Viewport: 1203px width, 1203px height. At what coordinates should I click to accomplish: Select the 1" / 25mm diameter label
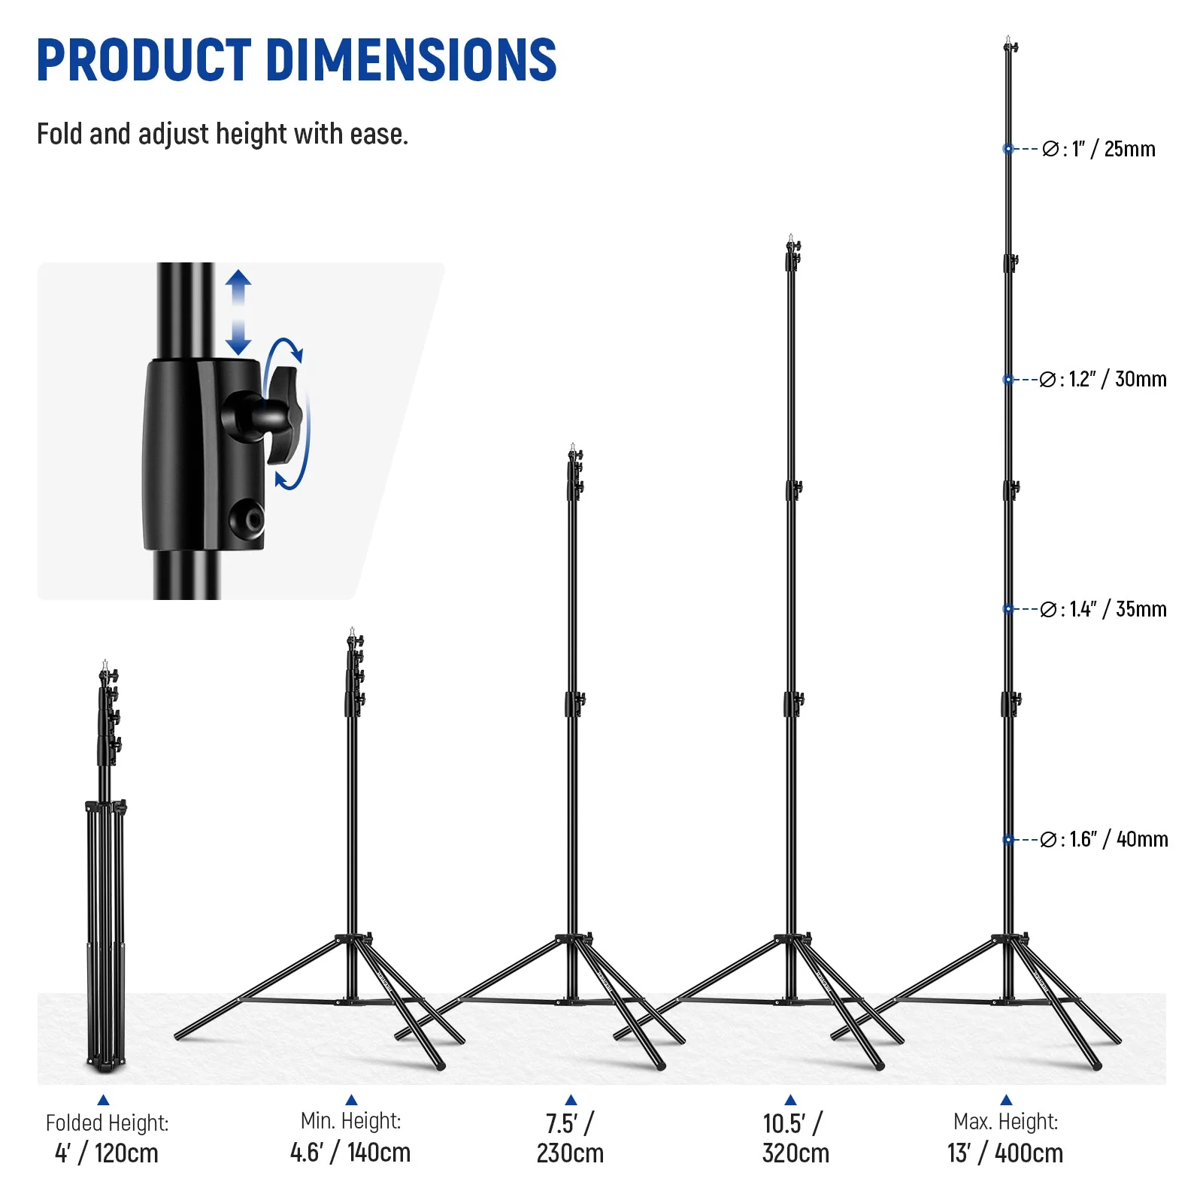(x=1099, y=149)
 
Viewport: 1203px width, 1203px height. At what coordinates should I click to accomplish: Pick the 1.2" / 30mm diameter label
(x=1103, y=379)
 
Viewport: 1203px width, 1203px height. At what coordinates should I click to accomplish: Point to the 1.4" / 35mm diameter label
(x=1103, y=609)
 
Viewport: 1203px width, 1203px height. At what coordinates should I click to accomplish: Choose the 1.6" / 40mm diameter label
(x=1103, y=839)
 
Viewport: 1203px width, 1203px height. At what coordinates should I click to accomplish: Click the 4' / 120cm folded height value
(x=107, y=1153)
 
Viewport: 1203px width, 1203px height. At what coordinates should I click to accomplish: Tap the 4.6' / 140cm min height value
(x=350, y=1152)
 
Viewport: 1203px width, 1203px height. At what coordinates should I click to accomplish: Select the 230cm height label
(x=570, y=1153)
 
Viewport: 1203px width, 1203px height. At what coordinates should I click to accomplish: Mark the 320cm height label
(x=795, y=1153)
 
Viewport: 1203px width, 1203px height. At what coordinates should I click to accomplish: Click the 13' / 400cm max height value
(x=1005, y=1153)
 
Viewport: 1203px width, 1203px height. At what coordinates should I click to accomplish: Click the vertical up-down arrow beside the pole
(x=238, y=313)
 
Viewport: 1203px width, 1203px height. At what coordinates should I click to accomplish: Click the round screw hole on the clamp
(x=247, y=519)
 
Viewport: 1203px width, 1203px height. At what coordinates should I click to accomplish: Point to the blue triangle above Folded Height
(x=104, y=1100)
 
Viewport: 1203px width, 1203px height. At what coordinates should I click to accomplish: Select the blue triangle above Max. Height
(x=1006, y=1100)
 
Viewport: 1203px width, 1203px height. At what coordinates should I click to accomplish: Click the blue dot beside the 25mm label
(x=1008, y=149)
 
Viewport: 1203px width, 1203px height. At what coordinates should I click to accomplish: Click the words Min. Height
(x=350, y=1121)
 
